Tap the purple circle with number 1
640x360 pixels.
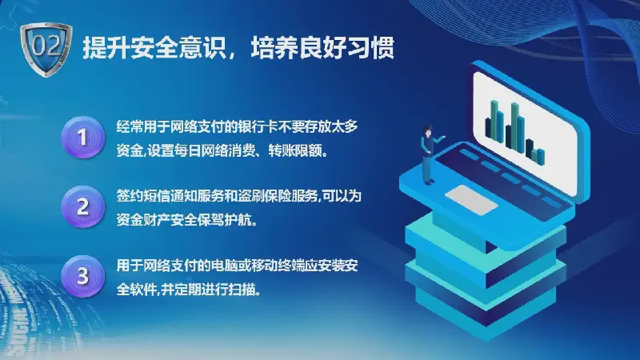tap(83, 137)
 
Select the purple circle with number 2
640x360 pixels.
tap(83, 206)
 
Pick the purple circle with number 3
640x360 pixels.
tap(83, 276)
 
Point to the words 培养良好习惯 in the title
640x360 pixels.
tap(322, 48)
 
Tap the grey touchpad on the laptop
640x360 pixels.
tap(471, 199)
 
